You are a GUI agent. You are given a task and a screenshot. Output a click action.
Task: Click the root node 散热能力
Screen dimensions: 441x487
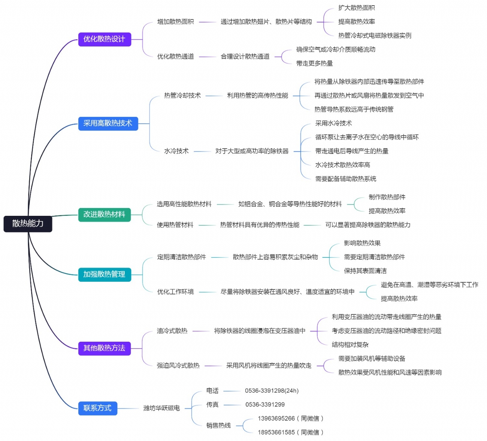coord(28,224)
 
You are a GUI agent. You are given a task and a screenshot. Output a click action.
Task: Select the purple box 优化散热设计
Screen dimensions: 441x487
coord(105,39)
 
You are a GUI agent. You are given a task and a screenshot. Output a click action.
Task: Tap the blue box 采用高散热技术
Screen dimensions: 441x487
coord(108,123)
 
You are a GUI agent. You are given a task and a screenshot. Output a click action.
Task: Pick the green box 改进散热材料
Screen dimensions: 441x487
coord(105,215)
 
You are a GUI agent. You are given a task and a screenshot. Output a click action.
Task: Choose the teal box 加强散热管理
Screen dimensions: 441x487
coord(105,274)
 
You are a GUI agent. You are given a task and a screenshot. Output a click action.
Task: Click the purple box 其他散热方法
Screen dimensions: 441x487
coord(105,348)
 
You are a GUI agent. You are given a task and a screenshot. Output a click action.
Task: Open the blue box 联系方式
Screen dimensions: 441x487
coord(97,408)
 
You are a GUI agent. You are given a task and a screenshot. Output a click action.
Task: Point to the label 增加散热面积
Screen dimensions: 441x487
coord(175,22)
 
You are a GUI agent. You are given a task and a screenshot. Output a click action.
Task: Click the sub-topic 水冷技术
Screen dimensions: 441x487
coord(176,151)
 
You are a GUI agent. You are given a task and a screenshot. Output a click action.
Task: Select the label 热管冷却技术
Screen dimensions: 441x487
coord(182,96)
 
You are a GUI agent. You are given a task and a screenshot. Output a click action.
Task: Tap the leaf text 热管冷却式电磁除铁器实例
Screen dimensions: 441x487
coord(375,36)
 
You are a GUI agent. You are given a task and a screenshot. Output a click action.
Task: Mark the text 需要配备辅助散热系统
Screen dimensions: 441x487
coord(345,179)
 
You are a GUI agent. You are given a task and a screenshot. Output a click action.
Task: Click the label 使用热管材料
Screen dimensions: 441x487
coord(175,225)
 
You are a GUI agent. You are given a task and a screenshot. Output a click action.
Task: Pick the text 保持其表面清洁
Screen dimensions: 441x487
coord(365,271)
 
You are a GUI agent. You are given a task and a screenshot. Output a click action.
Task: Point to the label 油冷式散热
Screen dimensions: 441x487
coord(172,331)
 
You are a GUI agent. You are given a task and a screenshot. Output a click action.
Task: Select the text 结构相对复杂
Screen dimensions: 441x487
coord(350,345)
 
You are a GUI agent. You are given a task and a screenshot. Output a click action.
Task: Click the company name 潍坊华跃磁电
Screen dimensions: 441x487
coord(161,408)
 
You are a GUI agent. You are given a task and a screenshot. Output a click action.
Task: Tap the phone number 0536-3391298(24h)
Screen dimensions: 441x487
coord(272,391)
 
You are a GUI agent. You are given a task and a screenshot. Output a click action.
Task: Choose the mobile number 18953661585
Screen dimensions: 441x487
coord(276,432)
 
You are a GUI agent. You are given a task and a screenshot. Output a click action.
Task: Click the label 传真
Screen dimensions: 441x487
coord(212,405)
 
